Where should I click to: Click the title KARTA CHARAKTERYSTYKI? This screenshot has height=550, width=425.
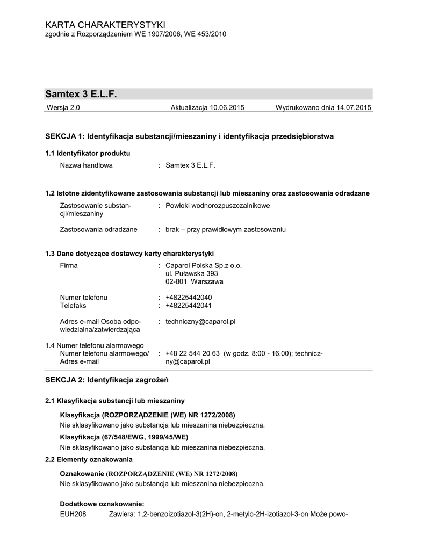pyautogui.click(x=105, y=25)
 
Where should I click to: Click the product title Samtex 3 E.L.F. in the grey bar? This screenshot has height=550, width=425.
pyautogui.click(x=81, y=94)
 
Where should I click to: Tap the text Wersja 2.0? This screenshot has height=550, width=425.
pyautogui.click(x=64, y=108)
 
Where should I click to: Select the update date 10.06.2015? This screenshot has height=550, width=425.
pyautogui.click(x=227, y=108)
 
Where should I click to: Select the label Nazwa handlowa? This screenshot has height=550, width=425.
pyautogui.click(x=86, y=165)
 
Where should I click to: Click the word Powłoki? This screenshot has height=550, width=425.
pyautogui.click(x=178, y=206)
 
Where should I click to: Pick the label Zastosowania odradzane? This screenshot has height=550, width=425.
pyautogui.click(x=98, y=229)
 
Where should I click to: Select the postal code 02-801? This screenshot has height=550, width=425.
pyautogui.click(x=177, y=281)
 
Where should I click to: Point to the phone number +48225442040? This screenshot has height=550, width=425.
pyautogui.click(x=189, y=298)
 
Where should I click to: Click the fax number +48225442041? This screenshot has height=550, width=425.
pyautogui.click(x=189, y=306)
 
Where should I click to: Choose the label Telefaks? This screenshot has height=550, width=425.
pyautogui.click(x=73, y=306)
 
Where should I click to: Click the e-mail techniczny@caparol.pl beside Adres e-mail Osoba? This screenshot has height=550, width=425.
pyautogui.click(x=201, y=321)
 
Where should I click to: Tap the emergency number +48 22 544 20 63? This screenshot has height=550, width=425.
pyautogui.click(x=193, y=353)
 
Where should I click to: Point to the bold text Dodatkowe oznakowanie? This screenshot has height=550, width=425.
pyautogui.click(x=102, y=504)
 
